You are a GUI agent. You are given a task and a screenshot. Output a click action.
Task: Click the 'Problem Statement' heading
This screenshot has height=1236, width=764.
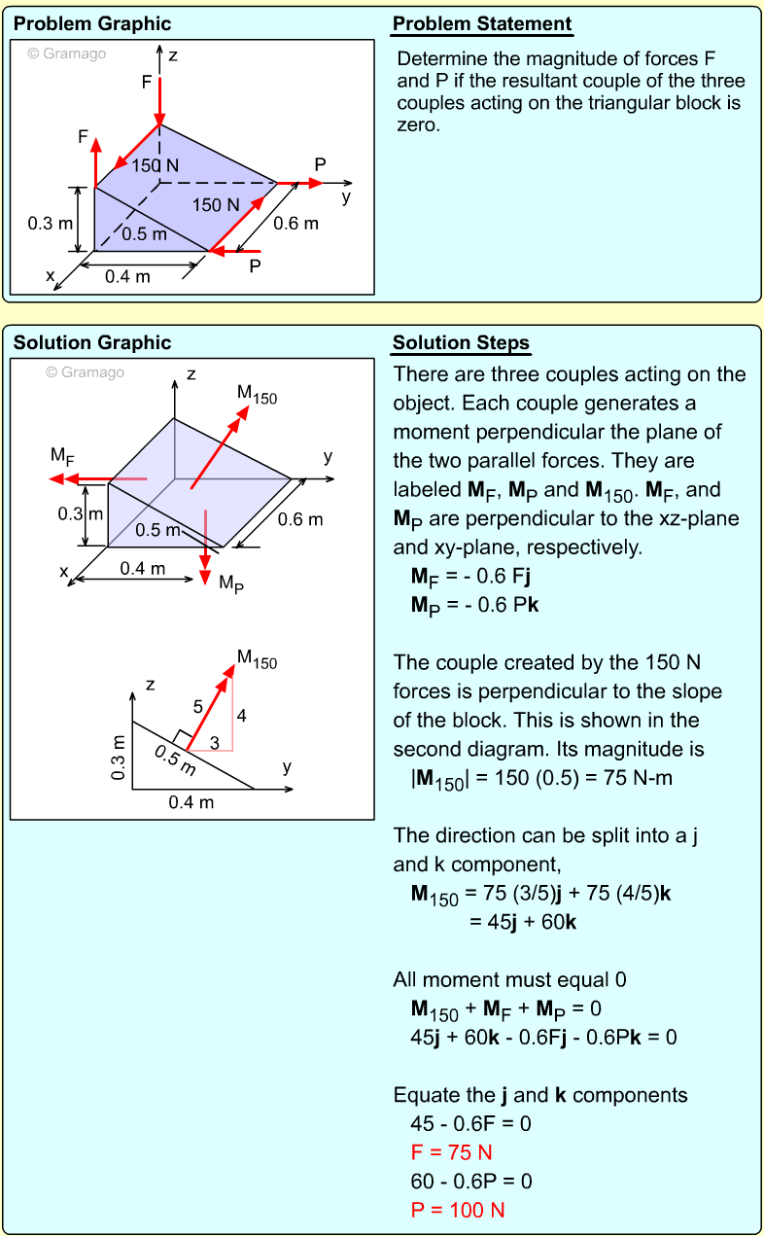point(482,24)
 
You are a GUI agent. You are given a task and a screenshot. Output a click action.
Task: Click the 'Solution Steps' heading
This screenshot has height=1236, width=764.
point(461,343)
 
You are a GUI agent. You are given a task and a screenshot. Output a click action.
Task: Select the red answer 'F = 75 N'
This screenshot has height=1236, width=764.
point(452,1152)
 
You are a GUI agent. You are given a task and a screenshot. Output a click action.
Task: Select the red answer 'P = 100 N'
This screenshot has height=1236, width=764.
point(458,1211)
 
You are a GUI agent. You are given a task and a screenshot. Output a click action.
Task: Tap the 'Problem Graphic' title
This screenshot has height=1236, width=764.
point(92,24)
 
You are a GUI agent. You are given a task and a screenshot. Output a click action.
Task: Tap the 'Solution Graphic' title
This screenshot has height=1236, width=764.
point(92,343)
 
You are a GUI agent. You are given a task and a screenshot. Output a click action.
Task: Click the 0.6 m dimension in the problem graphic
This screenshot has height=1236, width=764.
point(295,224)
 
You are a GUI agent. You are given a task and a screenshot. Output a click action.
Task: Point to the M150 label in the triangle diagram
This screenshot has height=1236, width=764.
point(257,662)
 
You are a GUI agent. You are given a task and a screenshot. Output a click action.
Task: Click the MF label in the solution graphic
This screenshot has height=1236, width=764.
point(62,455)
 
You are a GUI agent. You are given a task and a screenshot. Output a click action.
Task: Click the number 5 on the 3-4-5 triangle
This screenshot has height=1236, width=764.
point(198,705)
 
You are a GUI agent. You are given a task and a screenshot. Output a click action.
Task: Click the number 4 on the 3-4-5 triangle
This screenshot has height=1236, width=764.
point(241,717)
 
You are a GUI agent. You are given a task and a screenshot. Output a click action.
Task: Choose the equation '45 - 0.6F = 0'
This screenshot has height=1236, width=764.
point(471,1123)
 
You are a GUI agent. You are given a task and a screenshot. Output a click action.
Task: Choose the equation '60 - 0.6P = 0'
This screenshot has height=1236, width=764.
point(471,1182)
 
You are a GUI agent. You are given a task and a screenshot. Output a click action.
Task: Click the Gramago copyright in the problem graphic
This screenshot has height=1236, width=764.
point(66,53)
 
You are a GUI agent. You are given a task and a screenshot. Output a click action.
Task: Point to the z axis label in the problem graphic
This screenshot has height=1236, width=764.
point(173,55)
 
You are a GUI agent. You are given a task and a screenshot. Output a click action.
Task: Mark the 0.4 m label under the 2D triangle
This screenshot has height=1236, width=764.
point(191,803)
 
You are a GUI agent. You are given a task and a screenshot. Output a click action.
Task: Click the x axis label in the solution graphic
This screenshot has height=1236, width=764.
point(64,573)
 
